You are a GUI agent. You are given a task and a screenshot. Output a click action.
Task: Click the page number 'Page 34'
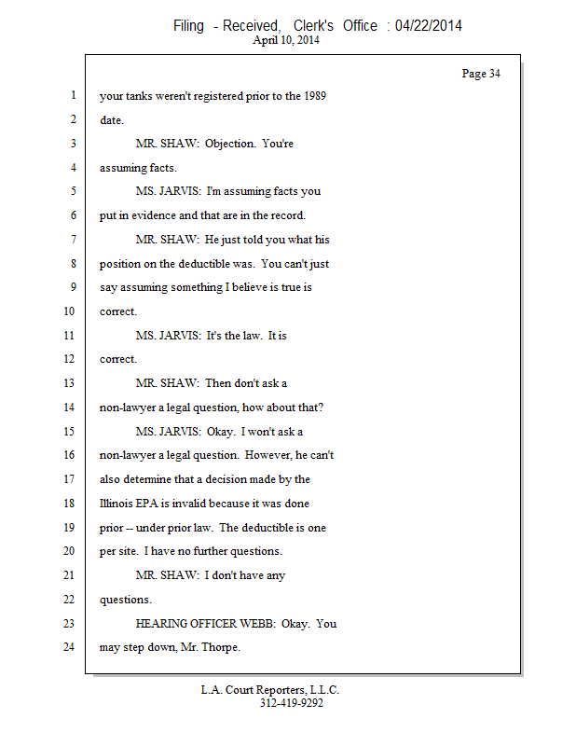(481, 74)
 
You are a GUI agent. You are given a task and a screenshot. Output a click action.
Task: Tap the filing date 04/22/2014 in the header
(428, 26)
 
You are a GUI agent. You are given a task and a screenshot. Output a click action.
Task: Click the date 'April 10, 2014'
(286, 40)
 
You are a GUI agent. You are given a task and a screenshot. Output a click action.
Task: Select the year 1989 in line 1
(315, 96)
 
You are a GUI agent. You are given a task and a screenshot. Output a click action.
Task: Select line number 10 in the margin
(69, 311)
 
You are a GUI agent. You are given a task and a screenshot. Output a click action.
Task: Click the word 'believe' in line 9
(249, 287)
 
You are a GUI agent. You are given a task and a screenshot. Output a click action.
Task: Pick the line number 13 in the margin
(69, 383)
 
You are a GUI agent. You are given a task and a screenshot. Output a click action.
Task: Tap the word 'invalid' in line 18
(189, 504)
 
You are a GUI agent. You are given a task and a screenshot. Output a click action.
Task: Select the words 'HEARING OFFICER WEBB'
(205, 624)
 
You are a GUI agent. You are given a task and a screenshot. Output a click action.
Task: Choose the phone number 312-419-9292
(292, 703)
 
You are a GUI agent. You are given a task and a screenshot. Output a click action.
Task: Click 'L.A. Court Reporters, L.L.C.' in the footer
(269, 690)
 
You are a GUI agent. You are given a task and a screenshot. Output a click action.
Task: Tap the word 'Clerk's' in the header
(313, 26)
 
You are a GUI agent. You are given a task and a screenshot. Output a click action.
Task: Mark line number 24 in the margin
(69, 647)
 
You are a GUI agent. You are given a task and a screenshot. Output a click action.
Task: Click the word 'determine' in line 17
(146, 479)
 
